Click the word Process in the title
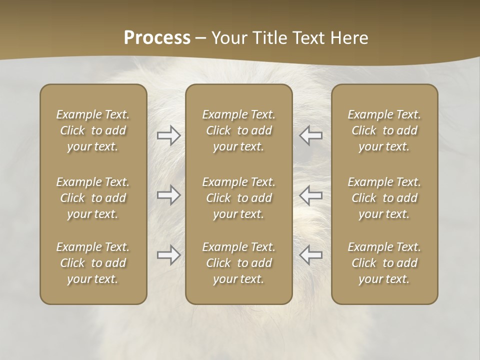point(157,38)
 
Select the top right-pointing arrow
point(169,135)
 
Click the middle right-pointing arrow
point(169,195)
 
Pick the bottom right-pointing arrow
point(169,255)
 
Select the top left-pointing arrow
point(311,135)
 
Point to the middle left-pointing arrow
point(311,195)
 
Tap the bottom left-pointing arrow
point(311,255)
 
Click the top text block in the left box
point(93,130)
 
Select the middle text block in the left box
point(93,198)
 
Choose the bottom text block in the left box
point(93,263)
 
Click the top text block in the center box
point(239,130)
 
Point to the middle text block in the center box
point(239,198)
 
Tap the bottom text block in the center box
point(239,263)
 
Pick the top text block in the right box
point(384,130)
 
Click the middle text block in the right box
point(384,198)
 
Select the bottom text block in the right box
point(384,263)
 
